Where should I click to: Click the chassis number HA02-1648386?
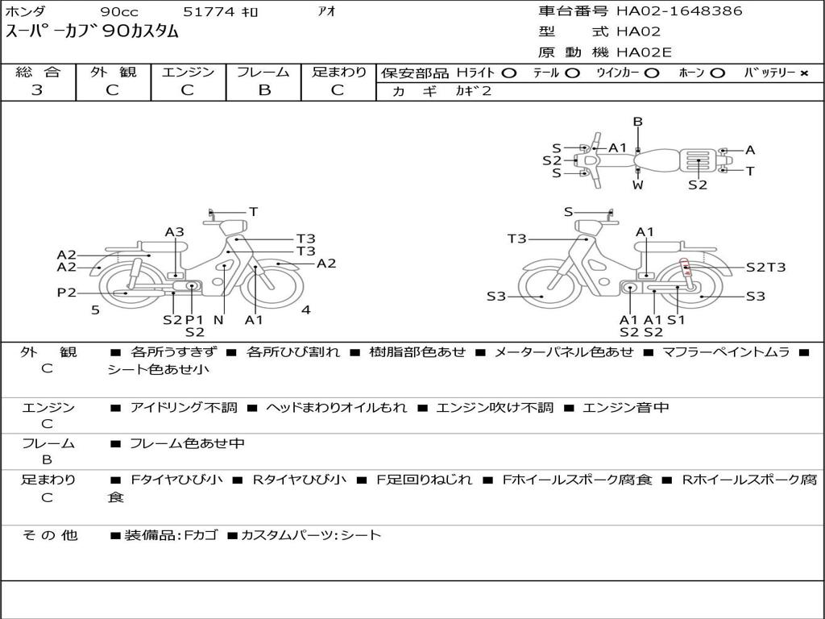tap(679, 10)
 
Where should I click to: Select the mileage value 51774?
tap(208, 11)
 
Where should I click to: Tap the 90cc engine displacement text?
tap(119, 11)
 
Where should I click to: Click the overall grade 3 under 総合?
tap(37, 90)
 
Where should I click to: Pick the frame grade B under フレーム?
tap(264, 90)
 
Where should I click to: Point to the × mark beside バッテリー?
tap(803, 73)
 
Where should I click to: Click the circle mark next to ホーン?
tap(717, 73)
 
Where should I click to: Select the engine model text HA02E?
tap(644, 52)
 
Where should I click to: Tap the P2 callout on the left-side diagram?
tap(66, 292)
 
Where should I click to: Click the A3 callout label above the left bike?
tap(174, 231)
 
